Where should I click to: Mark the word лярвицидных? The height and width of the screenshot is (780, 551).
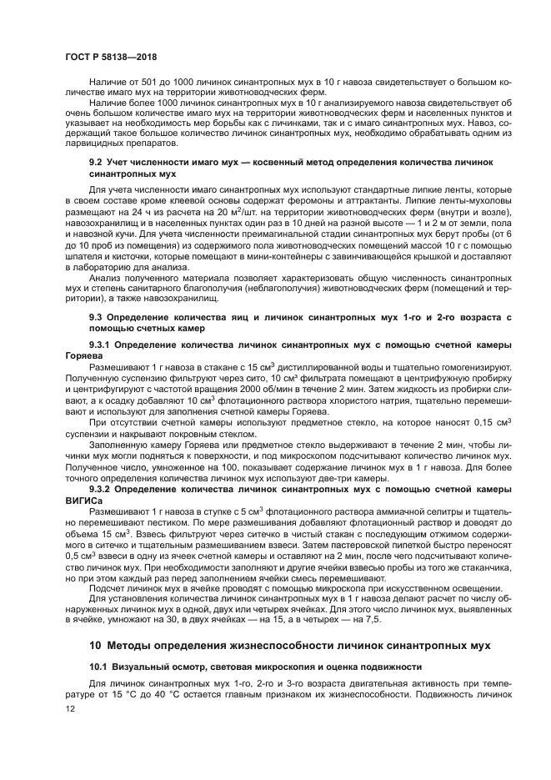point(100,143)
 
